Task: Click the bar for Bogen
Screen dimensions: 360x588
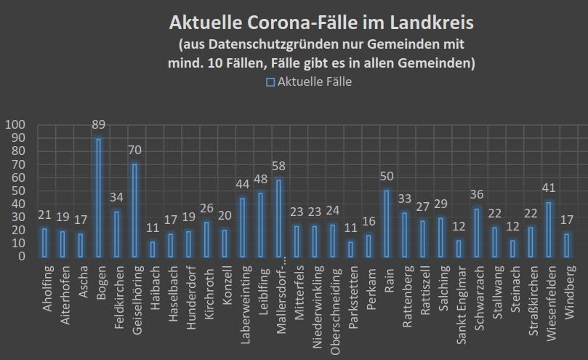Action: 98,197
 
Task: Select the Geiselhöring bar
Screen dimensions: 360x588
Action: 134,210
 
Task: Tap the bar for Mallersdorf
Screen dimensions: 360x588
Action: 278,218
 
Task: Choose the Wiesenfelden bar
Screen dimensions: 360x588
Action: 547,229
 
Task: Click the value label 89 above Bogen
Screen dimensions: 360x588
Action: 98,125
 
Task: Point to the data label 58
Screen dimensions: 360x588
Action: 278,167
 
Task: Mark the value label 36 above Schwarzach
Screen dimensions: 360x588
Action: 475,196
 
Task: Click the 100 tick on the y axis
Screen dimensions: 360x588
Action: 15,124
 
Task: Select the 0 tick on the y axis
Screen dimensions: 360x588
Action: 22,256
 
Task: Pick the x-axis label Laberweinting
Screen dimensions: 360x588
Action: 242,298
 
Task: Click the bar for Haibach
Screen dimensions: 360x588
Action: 152,249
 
